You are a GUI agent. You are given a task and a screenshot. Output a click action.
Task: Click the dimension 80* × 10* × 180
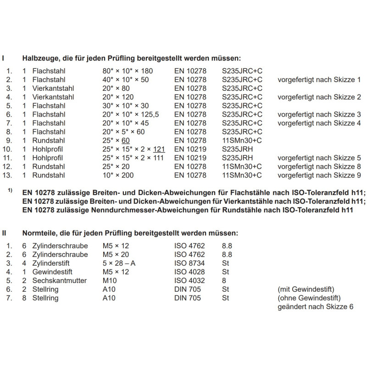coord(127,71)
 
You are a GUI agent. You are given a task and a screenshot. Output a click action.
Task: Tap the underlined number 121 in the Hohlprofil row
coord(159,149)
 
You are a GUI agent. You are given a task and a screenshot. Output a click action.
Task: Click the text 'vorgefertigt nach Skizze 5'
coord(319,158)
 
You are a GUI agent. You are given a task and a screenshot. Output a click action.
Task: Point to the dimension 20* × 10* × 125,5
coord(131,114)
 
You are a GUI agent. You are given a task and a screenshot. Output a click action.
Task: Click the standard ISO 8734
coord(189,263)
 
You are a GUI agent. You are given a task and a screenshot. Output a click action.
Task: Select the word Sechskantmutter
coord(59,280)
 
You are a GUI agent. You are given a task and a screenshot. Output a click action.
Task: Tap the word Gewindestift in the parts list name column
coord(53,272)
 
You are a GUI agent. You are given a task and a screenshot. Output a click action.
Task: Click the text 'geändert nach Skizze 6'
coord(316,306)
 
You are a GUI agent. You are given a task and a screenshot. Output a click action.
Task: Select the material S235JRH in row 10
coord(237,149)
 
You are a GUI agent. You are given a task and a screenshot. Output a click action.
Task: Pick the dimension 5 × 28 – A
coord(119,263)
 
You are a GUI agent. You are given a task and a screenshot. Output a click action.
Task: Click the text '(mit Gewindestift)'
coord(305,289)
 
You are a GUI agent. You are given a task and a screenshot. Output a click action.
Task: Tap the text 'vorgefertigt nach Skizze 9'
coord(319,175)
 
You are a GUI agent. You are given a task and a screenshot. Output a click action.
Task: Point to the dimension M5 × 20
coord(115,254)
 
